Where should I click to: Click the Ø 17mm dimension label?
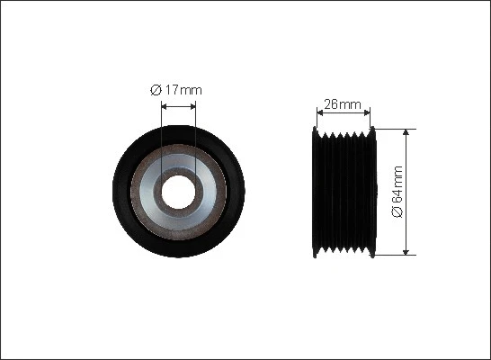pos(178,89)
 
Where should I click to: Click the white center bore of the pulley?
pos(178,191)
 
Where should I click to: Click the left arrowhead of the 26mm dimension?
pos(319,112)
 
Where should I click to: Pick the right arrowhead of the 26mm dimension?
pos(367,112)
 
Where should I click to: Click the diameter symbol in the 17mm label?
pos(156,89)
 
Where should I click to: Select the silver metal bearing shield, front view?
pos(206,191)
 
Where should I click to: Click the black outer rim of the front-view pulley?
pos(126,191)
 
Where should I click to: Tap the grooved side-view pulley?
pos(343,191)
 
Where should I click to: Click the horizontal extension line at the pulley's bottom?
pos(396,255)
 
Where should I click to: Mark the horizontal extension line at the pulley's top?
pos(396,128)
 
